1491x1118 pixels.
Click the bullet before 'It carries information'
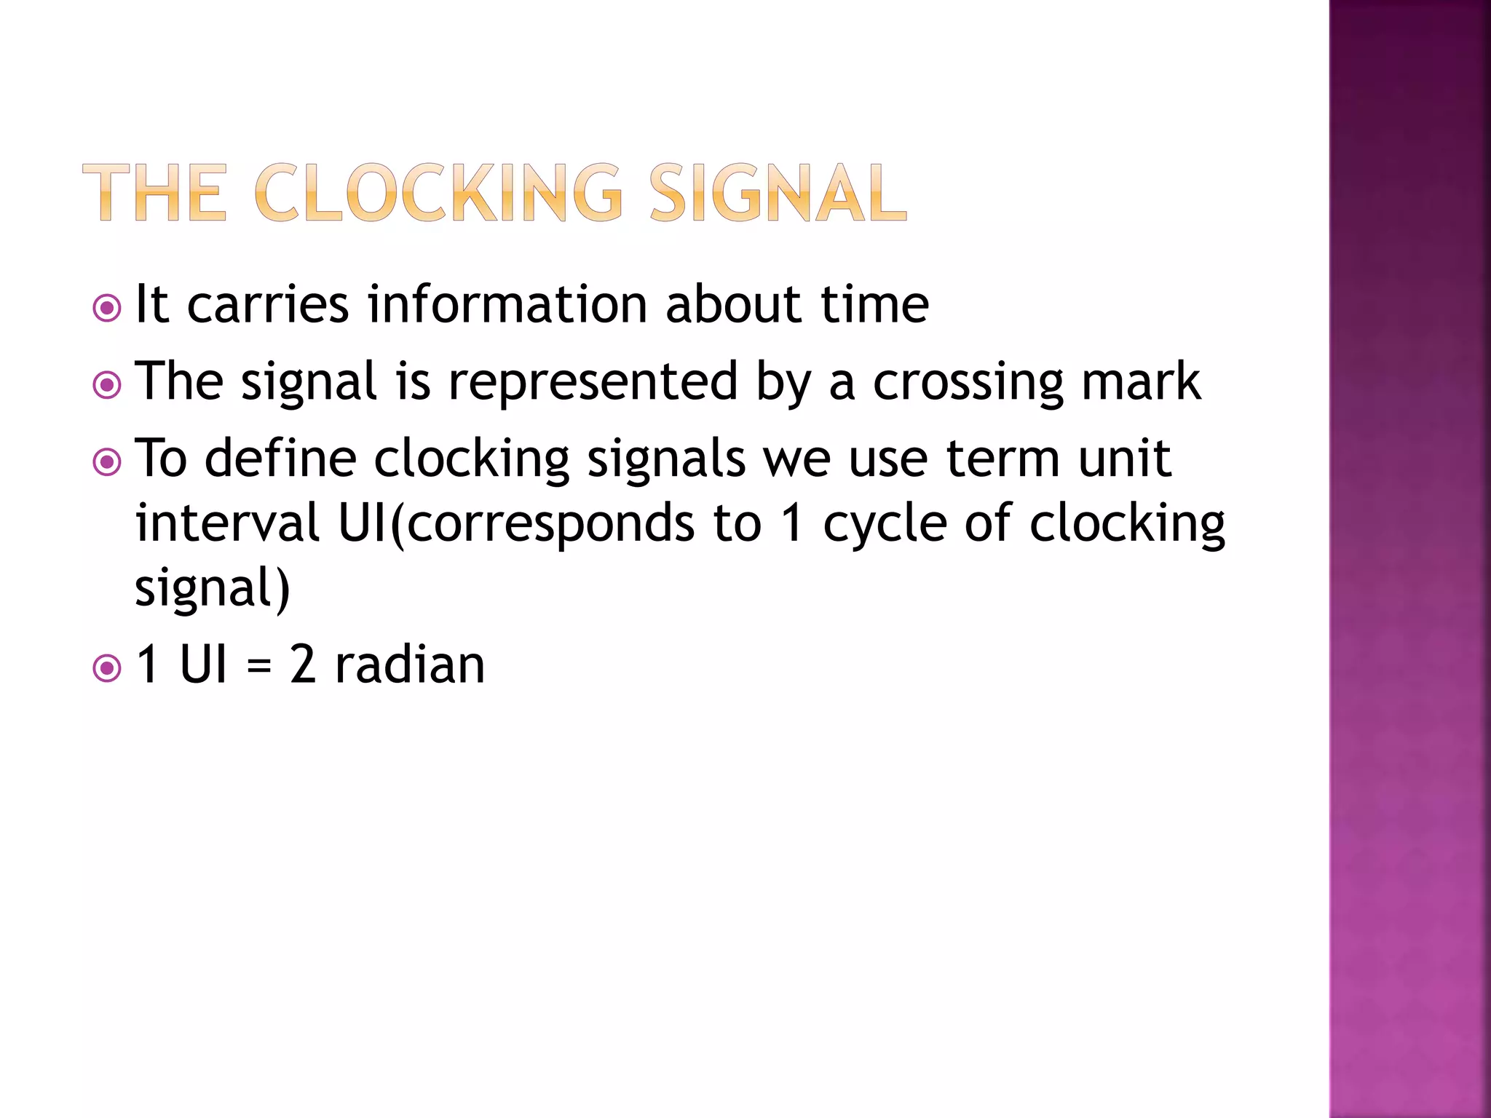pos(107,308)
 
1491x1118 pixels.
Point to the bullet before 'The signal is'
pos(107,385)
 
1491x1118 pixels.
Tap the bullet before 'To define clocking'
pos(107,462)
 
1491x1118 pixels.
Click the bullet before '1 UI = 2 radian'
pos(107,668)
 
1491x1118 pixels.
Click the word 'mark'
pos(1141,381)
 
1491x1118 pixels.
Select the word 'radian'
pos(409,665)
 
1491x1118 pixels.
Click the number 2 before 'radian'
pos(303,665)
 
